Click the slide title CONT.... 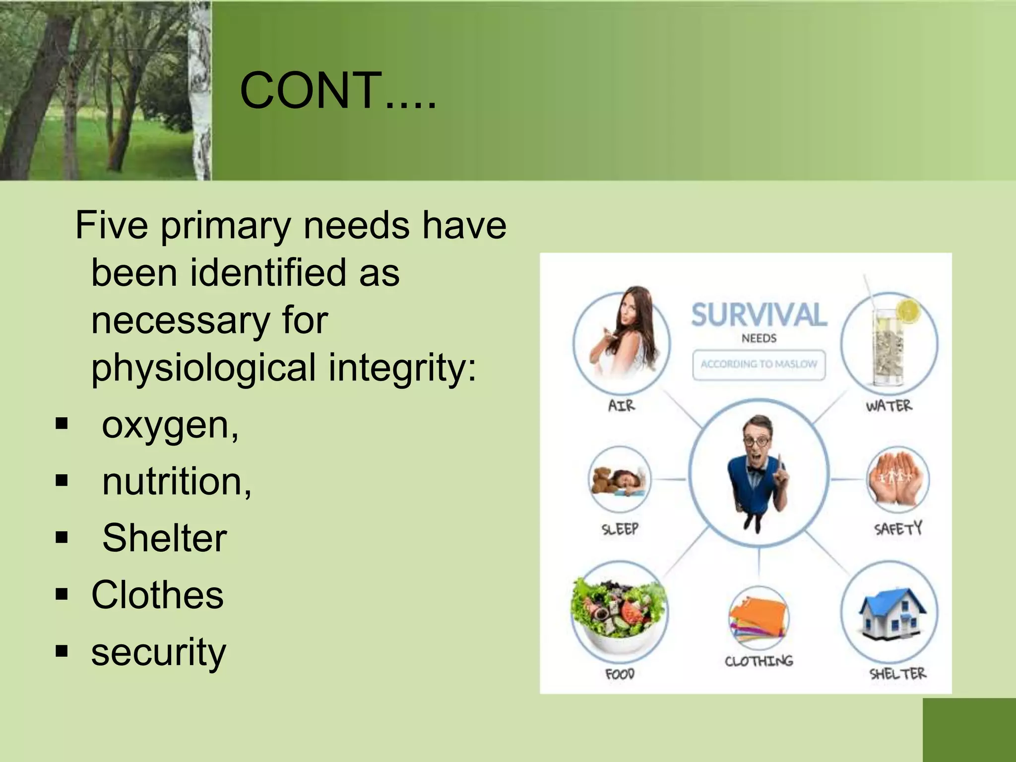coord(337,90)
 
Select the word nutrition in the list coord(176,482)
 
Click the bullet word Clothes coord(157,595)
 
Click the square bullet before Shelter coord(62,537)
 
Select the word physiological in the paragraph coord(203,368)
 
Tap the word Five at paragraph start coord(112,226)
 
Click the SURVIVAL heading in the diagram coord(759,316)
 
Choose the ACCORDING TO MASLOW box coord(759,364)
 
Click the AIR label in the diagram coord(621,406)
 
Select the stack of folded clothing coord(758,618)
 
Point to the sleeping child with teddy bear coord(619,480)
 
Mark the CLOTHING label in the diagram coord(759,661)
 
